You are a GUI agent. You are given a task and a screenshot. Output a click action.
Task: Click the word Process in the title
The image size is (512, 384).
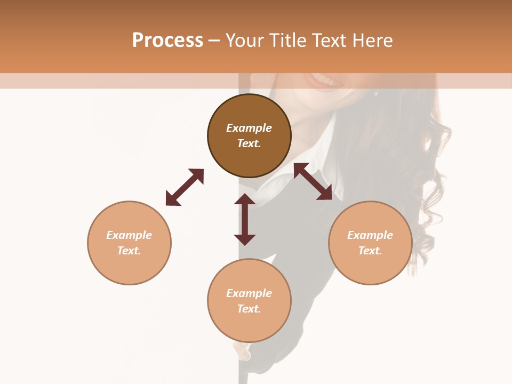(x=167, y=41)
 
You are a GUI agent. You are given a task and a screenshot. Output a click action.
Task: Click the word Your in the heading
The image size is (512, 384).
(x=245, y=41)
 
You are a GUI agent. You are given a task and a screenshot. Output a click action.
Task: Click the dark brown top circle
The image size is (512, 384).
(x=249, y=155)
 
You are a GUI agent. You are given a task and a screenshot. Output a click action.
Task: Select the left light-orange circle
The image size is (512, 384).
(x=129, y=267)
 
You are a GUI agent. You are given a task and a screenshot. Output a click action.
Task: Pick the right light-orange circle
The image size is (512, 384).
(x=370, y=267)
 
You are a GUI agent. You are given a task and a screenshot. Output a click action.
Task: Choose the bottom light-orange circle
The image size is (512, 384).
(x=249, y=325)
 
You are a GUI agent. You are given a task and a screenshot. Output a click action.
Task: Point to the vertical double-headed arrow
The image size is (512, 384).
(x=245, y=219)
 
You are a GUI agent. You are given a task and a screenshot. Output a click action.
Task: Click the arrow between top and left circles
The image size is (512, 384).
(x=185, y=187)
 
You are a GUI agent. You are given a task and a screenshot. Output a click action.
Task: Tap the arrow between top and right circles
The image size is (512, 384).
(x=313, y=181)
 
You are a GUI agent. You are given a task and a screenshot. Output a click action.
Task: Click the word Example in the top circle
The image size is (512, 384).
(x=249, y=128)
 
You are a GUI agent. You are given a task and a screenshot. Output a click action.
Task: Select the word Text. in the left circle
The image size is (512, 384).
(x=129, y=251)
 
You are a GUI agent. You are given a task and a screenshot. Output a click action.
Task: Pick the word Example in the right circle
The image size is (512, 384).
(x=370, y=235)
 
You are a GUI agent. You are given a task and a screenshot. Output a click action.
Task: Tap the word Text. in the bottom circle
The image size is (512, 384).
(x=249, y=309)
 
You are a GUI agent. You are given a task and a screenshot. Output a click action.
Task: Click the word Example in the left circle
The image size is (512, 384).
(x=129, y=235)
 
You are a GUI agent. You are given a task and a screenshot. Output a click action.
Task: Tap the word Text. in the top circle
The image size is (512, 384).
(x=249, y=143)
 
